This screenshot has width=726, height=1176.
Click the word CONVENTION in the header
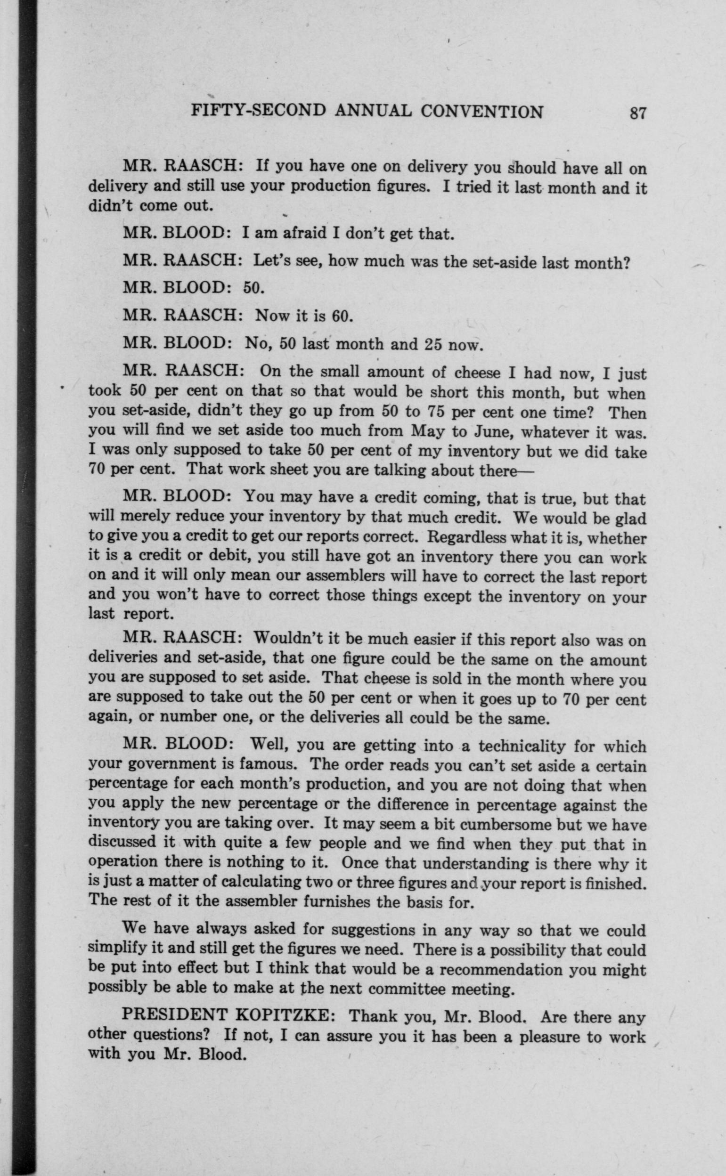(481, 112)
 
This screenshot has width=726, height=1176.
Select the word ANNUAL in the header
(373, 111)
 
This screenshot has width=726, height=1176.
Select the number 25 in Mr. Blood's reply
(434, 345)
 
